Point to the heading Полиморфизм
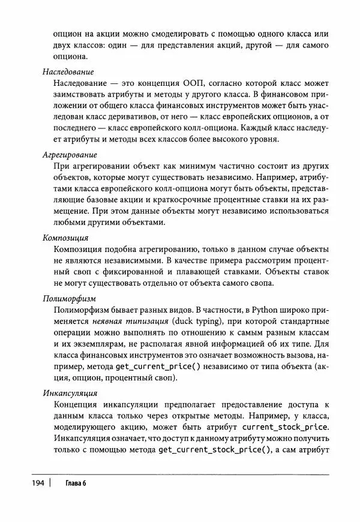[70, 298]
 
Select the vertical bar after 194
[51, 483]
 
